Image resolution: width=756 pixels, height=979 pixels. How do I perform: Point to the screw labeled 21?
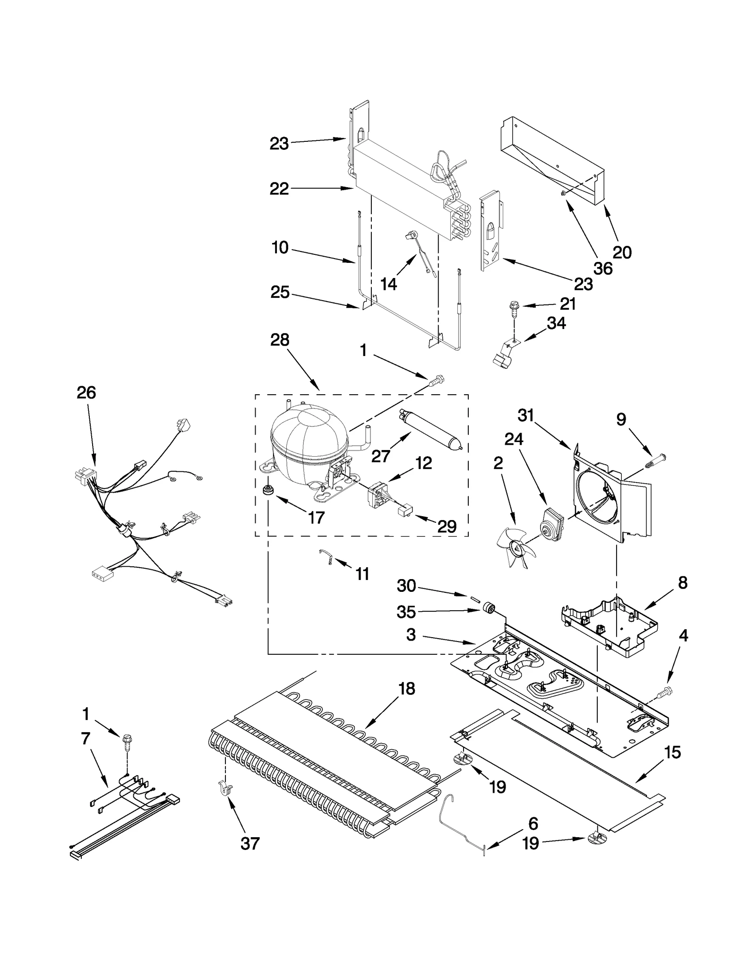512,308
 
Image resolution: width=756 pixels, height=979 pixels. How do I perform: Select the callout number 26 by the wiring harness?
86,392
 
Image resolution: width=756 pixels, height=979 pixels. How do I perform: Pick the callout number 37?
250,843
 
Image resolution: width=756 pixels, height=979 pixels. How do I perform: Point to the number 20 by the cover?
622,252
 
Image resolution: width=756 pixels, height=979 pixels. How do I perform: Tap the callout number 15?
672,752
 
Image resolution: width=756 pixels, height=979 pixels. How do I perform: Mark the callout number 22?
279,189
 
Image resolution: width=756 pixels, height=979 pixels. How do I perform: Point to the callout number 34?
556,323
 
